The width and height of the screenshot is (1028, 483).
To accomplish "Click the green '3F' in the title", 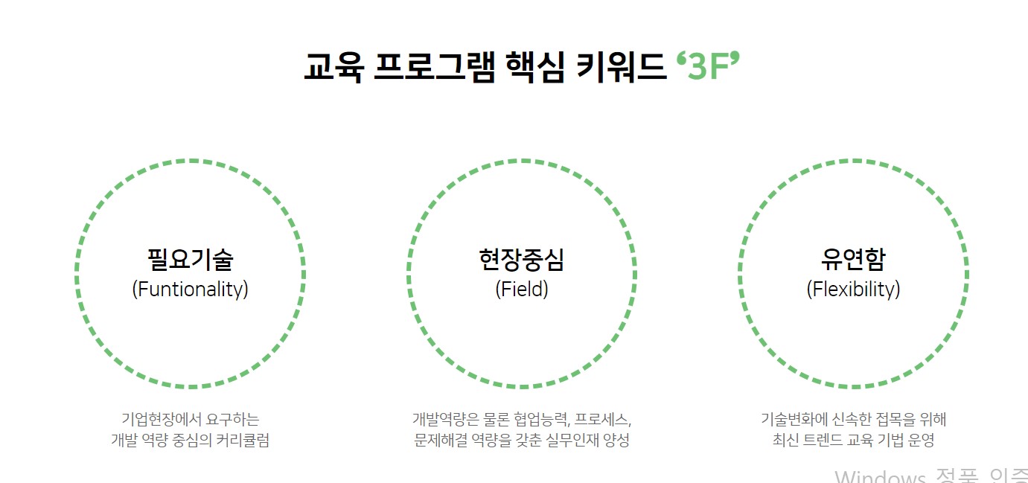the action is point(708,68).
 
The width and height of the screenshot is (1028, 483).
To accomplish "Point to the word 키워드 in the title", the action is point(622,68).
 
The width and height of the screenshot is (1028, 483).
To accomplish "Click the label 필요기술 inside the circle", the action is point(190,260).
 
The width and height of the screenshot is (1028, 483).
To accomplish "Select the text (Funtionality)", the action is point(190,289).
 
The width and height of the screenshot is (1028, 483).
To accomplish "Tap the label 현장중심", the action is point(521,260).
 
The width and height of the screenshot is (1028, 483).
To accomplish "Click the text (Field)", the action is point(521,289).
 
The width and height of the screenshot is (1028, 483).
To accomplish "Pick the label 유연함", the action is point(853,260).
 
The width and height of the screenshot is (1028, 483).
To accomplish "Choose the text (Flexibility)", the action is point(853,289).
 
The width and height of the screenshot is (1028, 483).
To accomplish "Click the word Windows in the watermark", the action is point(879,476).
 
